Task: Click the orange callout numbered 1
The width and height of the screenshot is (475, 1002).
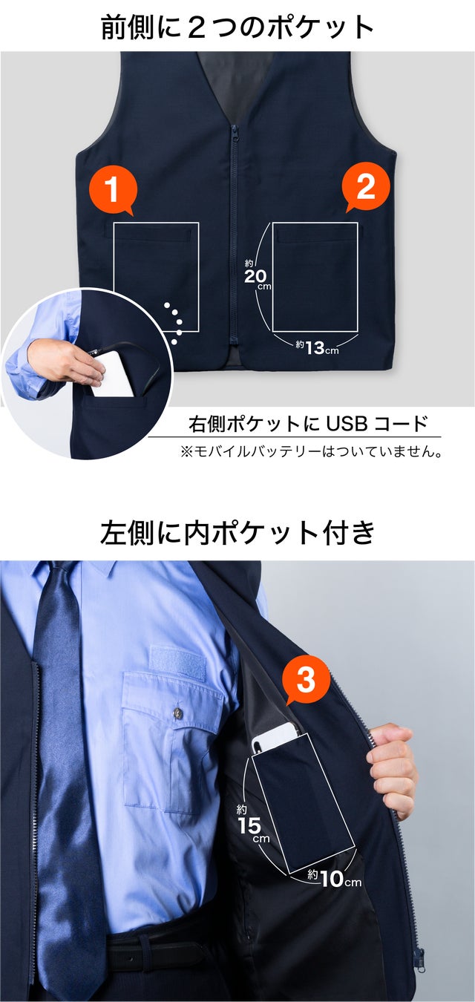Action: (113, 190)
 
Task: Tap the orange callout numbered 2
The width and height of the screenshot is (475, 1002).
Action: (365, 188)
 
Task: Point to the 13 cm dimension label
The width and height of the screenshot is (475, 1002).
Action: (317, 347)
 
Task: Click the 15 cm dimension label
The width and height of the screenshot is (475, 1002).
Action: (252, 824)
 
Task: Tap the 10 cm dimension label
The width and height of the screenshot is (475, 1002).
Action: (334, 878)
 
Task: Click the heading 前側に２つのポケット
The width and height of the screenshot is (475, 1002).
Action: (237, 27)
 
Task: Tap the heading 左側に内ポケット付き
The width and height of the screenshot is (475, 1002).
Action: (237, 532)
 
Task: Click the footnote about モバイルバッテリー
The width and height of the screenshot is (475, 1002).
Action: (311, 452)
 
